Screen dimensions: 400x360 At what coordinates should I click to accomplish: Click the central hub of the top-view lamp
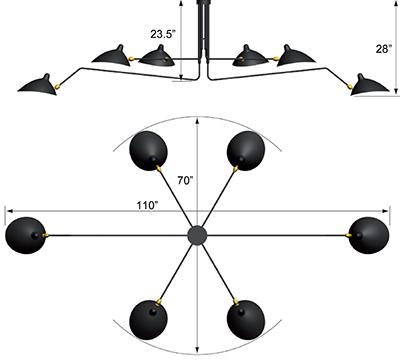coord(198,235)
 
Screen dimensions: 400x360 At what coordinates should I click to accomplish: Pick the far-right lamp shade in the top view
coord(371,234)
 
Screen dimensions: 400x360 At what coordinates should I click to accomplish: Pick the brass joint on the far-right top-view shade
coord(349,236)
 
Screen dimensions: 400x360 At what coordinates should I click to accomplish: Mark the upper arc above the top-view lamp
coord(198,119)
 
